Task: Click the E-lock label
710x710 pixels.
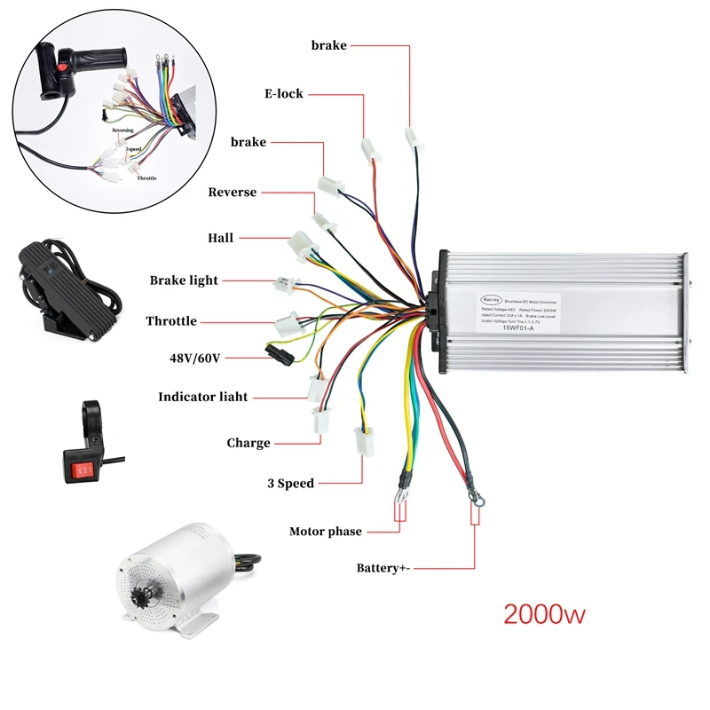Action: pos(283,93)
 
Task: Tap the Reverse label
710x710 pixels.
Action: pos(233,192)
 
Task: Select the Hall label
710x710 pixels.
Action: pos(220,238)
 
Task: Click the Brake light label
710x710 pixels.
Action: pos(184,280)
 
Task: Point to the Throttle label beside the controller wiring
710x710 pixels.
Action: pos(171,321)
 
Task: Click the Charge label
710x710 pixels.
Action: pos(248,443)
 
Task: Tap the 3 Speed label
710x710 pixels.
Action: pos(290,484)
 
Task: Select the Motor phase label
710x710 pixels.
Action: pos(326,532)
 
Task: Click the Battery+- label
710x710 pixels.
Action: pos(383,567)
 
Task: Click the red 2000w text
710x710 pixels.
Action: pos(544,613)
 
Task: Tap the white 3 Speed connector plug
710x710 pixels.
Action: pos(362,440)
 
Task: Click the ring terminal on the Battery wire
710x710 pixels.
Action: pos(473,502)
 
